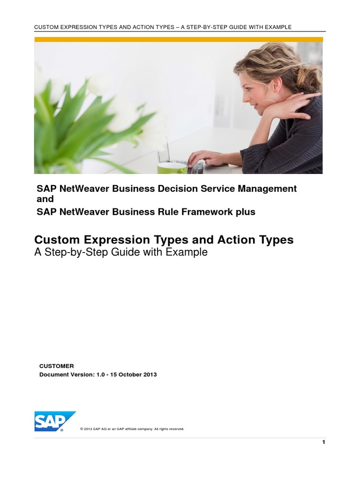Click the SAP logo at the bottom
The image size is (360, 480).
tap(54, 421)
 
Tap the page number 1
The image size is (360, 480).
tap(323, 442)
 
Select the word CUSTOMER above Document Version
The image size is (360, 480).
tap(57, 366)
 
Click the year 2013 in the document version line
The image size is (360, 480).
tap(150, 375)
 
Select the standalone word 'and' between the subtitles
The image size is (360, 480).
tap(45, 199)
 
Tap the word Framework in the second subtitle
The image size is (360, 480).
tap(207, 212)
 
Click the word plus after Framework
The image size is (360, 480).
tap(245, 212)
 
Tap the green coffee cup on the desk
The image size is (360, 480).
tap(172, 168)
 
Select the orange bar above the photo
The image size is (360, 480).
tap(179, 39)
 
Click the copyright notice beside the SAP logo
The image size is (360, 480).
tap(132, 429)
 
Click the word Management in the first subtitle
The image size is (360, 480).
tap(267, 189)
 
